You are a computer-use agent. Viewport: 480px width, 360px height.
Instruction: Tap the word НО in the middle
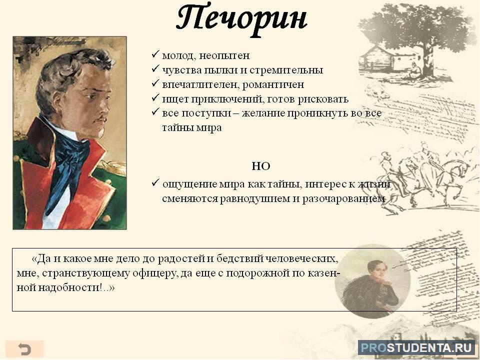pyautogui.click(x=261, y=166)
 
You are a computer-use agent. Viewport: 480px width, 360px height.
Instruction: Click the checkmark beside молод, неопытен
pyautogui.click(x=155, y=54)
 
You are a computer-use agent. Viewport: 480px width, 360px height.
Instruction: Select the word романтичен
pyautogui.click(x=273, y=84)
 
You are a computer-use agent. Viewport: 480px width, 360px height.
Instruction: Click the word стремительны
pyautogui.click(x=286, y=70)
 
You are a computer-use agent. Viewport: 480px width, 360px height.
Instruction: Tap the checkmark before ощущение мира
pyautogui.click(x=155, y=183)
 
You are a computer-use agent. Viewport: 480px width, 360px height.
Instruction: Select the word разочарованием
pyautogui.click(x=343, y=199)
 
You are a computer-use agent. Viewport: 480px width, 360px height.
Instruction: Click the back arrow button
pyautogui.click(x=24, y=349)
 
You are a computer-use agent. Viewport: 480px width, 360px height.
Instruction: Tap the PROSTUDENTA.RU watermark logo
pyautogui.click(x=416, y=348)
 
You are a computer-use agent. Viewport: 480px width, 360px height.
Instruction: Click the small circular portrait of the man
pyautogui.click(x=372, y=280)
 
